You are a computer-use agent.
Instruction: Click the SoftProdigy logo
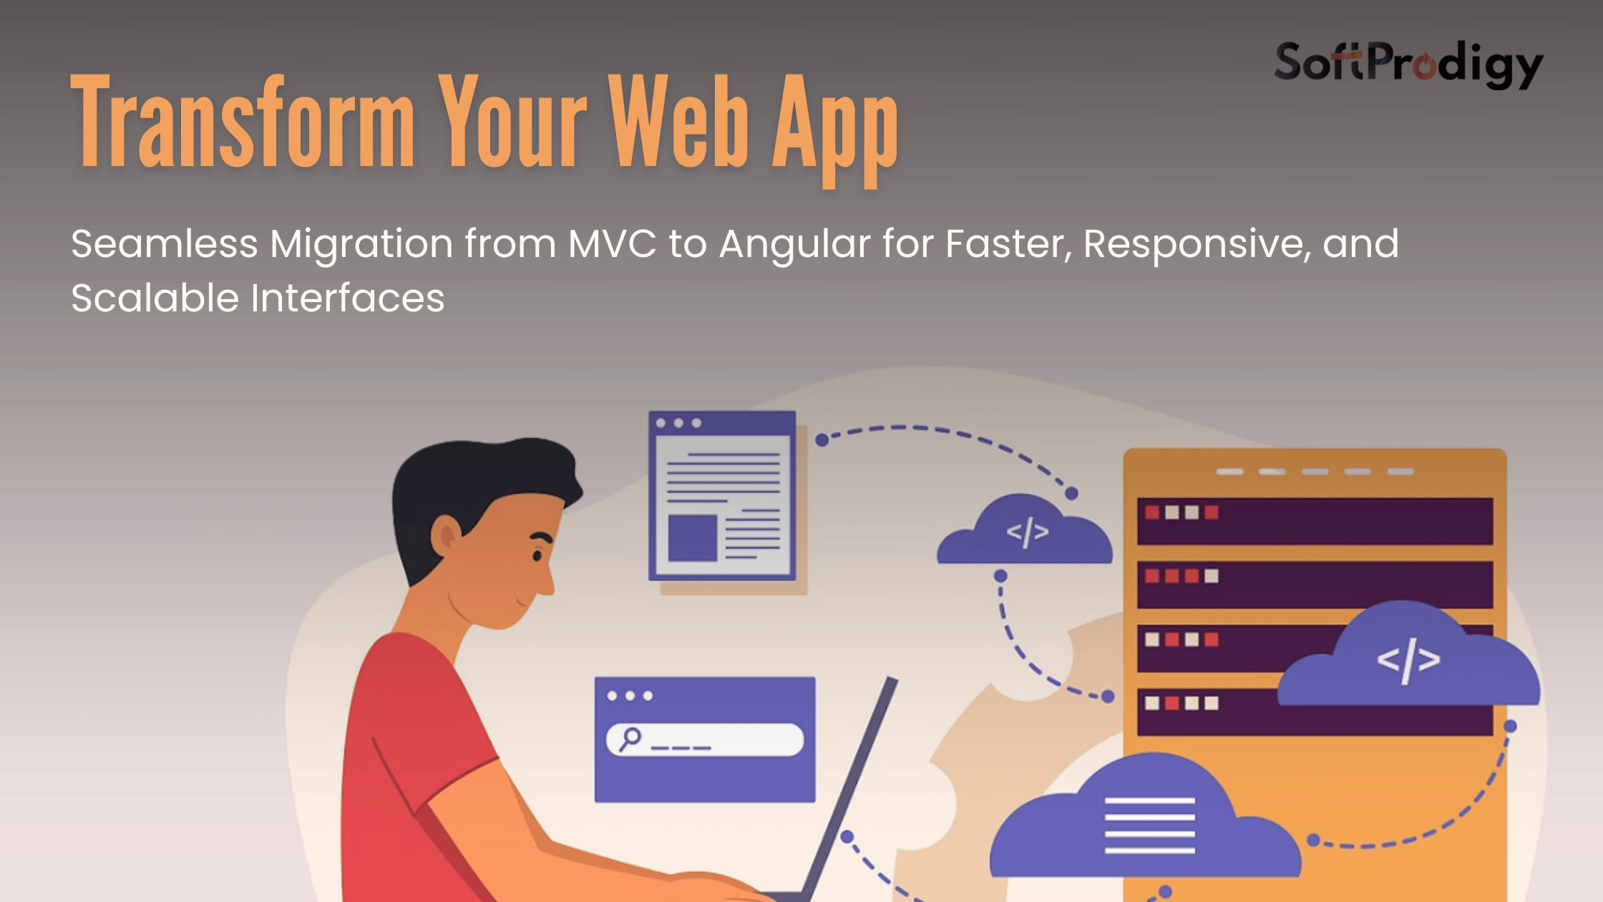pos(1408,64)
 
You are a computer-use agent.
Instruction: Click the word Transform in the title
pos(243,122)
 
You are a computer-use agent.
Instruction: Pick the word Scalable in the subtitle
pos(155,298)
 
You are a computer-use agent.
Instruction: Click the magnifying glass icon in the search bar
pos(630,739)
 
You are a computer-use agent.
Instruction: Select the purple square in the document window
pos(692,538)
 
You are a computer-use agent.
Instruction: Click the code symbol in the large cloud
pos(1408,661)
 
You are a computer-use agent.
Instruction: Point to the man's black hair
pos(479,487)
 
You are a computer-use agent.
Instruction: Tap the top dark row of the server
pos(1315,521)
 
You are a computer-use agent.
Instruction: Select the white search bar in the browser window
pos(705,739)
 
